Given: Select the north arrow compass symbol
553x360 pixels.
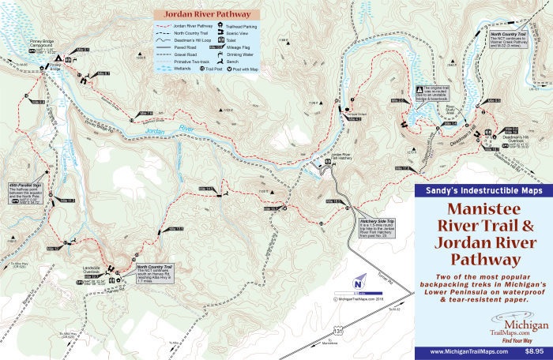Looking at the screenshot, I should coord(359,283).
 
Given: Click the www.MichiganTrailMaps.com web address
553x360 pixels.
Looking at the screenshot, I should coord(462,349).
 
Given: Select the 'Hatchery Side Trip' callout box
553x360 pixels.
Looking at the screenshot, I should coord(381,229).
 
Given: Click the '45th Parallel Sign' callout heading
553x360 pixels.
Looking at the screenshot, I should coord(25,184).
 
